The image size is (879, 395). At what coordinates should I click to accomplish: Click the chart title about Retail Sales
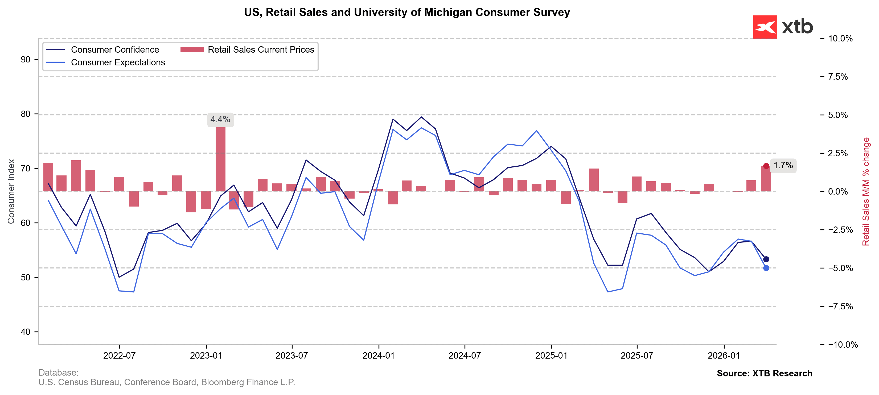(407, 12)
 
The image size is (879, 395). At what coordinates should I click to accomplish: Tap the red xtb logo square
(765, 27)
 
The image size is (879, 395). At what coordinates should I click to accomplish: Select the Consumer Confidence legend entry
(115, 50)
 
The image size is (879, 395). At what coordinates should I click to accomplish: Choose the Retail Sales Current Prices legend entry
(260, 50)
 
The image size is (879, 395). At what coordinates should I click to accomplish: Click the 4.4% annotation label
(220, 120)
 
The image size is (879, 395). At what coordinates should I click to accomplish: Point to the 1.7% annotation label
(783, 166)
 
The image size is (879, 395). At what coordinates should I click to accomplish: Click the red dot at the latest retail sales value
(766, 166)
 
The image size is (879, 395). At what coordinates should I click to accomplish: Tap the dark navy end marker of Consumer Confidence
(766, 259)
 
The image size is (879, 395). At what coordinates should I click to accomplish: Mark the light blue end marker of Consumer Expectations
(766, 268)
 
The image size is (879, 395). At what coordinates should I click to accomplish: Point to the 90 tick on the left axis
(25, 60)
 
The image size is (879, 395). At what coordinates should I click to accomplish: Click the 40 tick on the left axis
(25, 332)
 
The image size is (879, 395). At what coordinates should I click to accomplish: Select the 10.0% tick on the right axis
(840, 39)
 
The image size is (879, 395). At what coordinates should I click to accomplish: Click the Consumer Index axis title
(11, 192)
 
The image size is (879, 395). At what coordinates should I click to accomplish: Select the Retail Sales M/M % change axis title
(866, 192)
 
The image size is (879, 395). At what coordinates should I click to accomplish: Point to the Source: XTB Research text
(764, 373)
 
